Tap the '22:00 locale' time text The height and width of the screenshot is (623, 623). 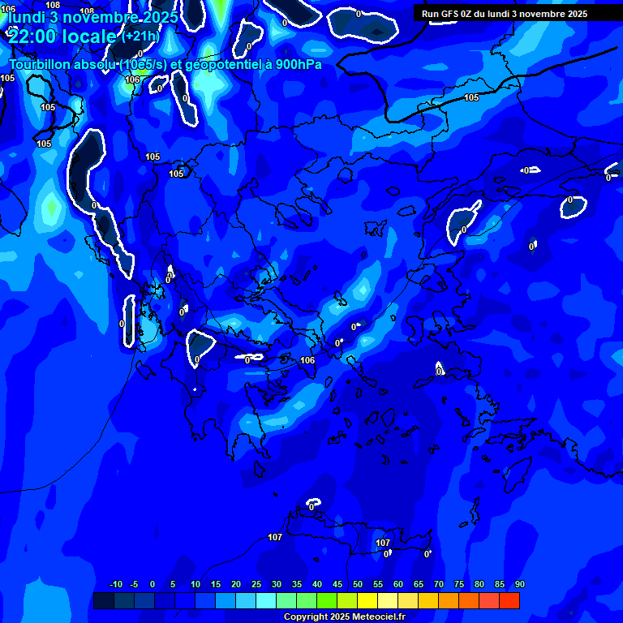[62, 37]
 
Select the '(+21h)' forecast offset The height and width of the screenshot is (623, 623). [140, 37]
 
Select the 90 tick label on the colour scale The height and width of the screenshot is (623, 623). [519, 585]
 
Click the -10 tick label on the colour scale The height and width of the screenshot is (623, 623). [115, 585]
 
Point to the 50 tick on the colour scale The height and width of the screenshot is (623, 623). [358, 585]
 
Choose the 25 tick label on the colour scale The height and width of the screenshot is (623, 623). [256, 585]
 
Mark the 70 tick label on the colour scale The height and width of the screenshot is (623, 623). [439, 585]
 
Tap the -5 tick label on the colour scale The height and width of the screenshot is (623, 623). [134, 585]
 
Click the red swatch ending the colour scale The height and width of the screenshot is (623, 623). [509, 600]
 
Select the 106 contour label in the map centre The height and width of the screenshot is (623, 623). [307, 360]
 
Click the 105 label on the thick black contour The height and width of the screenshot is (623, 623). [471, 98]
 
